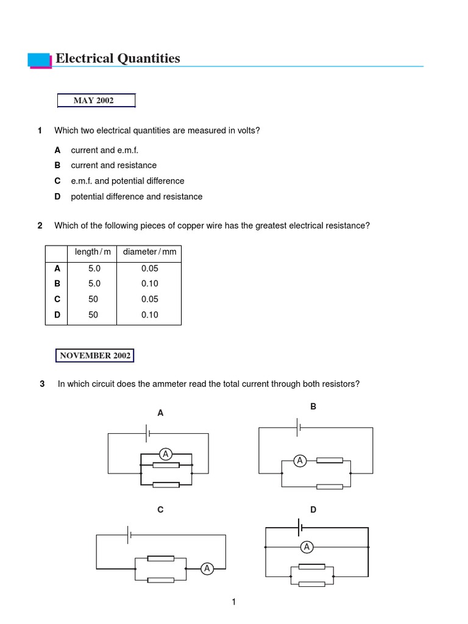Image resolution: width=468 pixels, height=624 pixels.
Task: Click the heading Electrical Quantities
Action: click(x=118, y=58)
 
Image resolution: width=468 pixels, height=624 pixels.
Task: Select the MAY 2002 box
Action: click(x=96, y=101)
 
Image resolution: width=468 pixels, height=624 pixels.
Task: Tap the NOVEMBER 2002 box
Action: click(x=94, y=355)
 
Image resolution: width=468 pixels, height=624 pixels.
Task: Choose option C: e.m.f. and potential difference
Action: click(x=127, y=181)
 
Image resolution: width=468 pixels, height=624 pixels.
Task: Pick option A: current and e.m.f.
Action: click(x=105, y=150)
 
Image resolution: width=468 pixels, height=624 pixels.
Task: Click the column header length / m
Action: click(x=93, y=252)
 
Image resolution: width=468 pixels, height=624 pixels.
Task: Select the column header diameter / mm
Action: click(x=149, y=252)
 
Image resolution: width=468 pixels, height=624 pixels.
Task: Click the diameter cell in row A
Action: click(x=149, y=268)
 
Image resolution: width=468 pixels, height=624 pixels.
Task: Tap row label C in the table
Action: click(x=57, y=299)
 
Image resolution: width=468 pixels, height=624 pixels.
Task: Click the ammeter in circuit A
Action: click(x=165, y=453)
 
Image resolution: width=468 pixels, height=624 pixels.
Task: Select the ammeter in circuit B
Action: click(x=299, y=461)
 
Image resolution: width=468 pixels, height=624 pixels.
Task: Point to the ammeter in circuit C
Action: click(x=207, y=569)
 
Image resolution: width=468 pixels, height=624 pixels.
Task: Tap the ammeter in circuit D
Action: click(x=307, y=547)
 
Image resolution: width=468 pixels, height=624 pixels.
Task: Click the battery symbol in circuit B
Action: click(x=298, y=427)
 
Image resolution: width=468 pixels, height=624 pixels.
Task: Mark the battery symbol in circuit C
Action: click(x=129, y=535)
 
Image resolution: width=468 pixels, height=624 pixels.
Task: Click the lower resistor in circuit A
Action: click(x=166, y=485)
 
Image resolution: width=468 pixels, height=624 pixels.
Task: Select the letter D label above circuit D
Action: click(x=313, y=509)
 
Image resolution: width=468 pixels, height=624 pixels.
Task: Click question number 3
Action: click(x=42, y=384)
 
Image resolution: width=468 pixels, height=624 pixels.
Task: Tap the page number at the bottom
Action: click(x=233, y=603)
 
